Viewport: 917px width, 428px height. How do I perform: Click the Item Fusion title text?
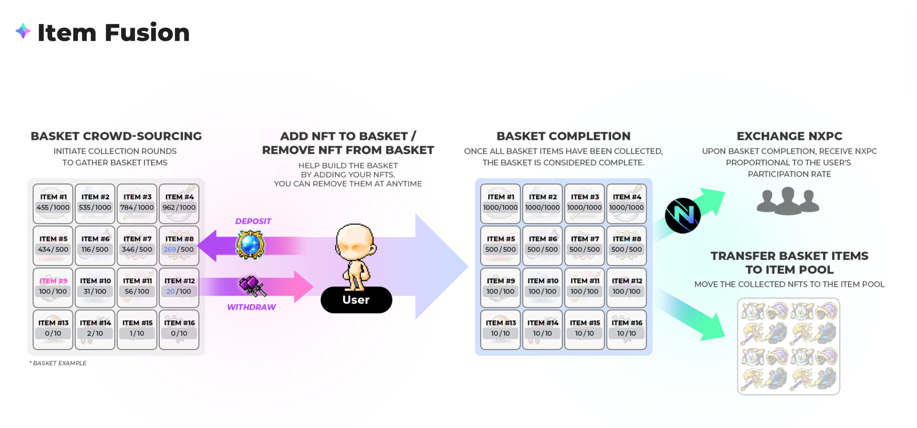point(113,33)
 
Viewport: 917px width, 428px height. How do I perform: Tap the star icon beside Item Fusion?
point(23,31)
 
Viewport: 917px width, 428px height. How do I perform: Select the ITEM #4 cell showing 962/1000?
point(179,203)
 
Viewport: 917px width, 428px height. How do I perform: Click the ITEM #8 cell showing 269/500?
point(179,245)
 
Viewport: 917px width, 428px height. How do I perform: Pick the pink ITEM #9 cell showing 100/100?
point(53,287)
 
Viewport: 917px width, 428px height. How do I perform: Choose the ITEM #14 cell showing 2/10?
point(95,329)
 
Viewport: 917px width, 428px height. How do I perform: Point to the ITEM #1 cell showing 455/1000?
point(53,203)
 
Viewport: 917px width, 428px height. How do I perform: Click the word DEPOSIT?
point(253,221)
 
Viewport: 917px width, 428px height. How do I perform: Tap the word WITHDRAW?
point(251,307)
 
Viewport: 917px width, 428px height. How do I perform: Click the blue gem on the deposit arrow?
point(250,245)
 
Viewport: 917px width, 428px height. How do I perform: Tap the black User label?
point(356,300)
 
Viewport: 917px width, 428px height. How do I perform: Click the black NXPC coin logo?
point(683,216)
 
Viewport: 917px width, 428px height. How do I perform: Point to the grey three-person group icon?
point(788,201)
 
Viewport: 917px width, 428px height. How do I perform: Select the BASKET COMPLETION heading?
point(563,136)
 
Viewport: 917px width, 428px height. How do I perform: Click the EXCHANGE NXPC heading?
point(789,136)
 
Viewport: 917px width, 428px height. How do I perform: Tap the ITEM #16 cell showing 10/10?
point(626,329)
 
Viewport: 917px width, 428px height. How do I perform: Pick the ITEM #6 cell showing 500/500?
point(542,245)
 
